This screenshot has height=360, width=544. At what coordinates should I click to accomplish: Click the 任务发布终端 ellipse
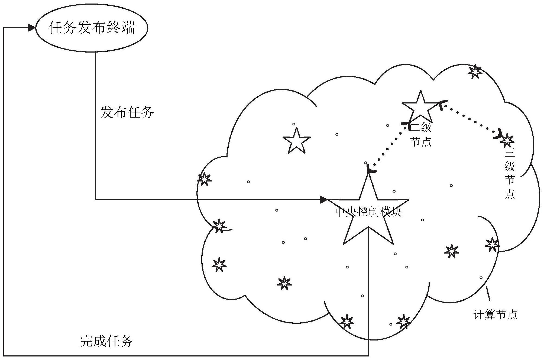point(92,28)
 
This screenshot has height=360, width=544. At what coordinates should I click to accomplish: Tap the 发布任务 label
point(127,112)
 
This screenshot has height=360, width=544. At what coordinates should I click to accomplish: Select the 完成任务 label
point(106,341)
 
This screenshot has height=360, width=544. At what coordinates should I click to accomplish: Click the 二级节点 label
point(421,135)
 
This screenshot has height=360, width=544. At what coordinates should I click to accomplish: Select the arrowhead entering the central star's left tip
point(323,200)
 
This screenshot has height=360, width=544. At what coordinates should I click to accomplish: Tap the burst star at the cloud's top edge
point(475,72)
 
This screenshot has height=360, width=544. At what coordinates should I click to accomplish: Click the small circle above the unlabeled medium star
point(294,124)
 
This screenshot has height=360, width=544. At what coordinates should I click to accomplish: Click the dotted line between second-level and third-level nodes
point(471,119)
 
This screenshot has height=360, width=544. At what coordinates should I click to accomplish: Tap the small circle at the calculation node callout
point(481,278)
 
